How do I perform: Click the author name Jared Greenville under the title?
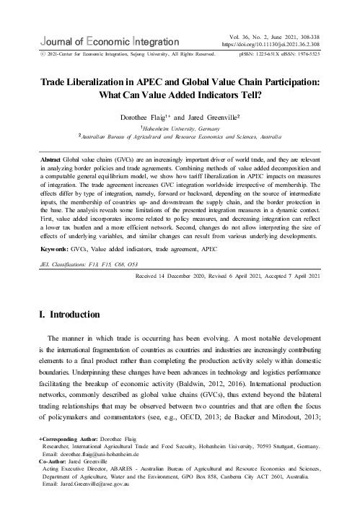pos(214,116)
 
